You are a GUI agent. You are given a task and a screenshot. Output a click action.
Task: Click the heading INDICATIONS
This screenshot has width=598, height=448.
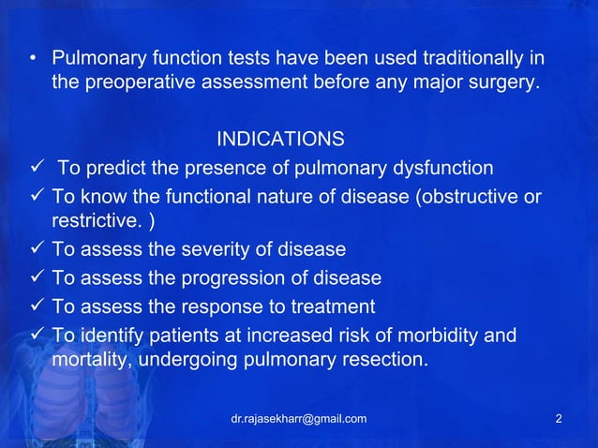[x=279, y=140]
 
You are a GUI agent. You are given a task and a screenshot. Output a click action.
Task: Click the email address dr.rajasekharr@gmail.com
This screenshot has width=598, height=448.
[x=298, y=418]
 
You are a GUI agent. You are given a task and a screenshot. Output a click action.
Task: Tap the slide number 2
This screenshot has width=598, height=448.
[x=559, y=418]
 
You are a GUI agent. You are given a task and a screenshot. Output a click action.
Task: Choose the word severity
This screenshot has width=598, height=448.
[x=221, y=250]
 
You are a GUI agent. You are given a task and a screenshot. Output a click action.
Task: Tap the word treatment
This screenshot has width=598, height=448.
[x=332, y=306]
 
